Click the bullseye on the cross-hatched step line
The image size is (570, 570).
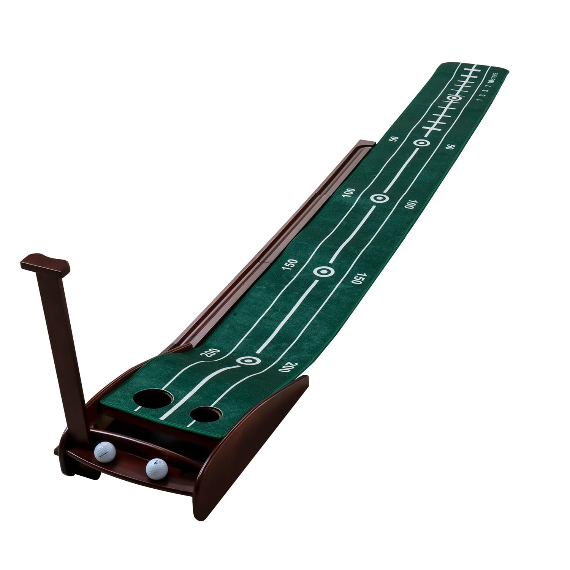pos(454,98)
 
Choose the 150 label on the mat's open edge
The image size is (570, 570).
pos(358,279)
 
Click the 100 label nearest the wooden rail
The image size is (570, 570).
pos(348,193)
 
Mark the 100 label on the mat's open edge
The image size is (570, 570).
pos(409,205)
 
